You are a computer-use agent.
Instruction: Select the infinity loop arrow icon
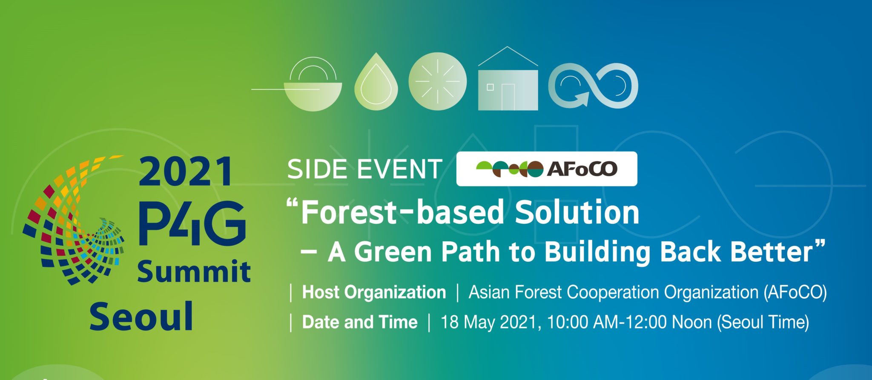(x=593, y=85)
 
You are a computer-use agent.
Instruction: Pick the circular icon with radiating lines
(x=437, y=81)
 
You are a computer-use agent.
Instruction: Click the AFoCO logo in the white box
(x=546, y=169)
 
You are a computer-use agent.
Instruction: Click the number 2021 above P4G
(x=186, y=171)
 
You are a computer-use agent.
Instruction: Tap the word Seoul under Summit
(x=141, y=316)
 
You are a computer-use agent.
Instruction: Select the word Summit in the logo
(x=194, y=271)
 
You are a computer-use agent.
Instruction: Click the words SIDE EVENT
(x=364, y=169)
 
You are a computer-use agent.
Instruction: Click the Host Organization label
(x=374, y=292)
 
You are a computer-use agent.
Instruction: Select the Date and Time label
(x=360, y=322)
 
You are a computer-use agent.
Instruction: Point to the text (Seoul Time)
(x=763, y=322)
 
